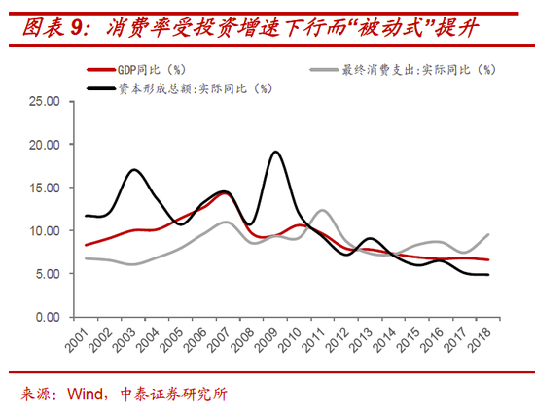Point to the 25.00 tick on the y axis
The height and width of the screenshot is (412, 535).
coord(45,101)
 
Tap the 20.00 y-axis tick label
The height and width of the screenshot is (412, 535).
coord(45,145)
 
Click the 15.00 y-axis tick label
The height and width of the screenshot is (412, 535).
coord(45,188)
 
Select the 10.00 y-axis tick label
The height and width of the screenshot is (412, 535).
coord(45,231)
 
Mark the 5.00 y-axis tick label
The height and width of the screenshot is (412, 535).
coord(48,274)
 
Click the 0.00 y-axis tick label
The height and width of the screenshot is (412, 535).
coord(48,318)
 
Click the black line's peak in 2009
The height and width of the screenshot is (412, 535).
coord(276,152)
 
